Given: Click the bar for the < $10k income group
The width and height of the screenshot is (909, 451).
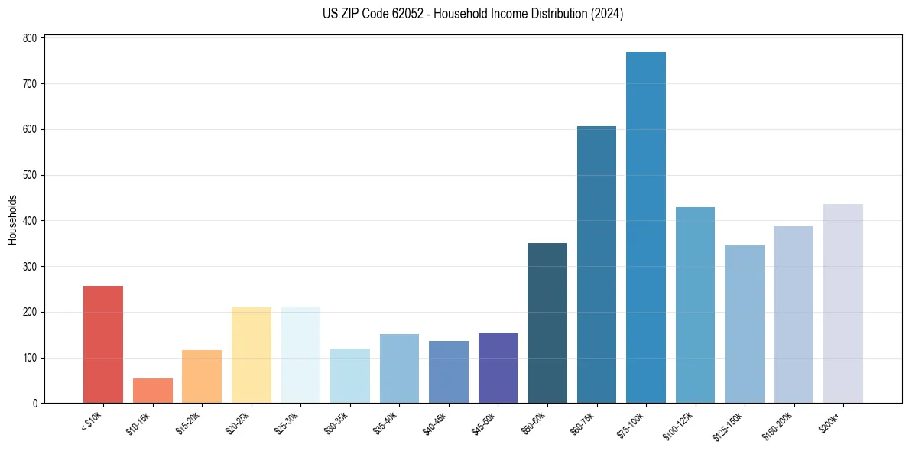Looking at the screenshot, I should [x=103, y=344].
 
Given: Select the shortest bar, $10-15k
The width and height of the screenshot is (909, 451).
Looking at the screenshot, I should [x=153, y=391].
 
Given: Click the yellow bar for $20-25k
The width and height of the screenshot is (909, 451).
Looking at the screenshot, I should [x=252, y=355].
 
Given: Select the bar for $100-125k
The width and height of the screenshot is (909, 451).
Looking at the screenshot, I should [x=695, y=305].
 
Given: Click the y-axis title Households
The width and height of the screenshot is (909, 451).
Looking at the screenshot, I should [x=12, y=220].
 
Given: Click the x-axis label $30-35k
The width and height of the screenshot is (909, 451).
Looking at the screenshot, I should [x=336, y=422].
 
